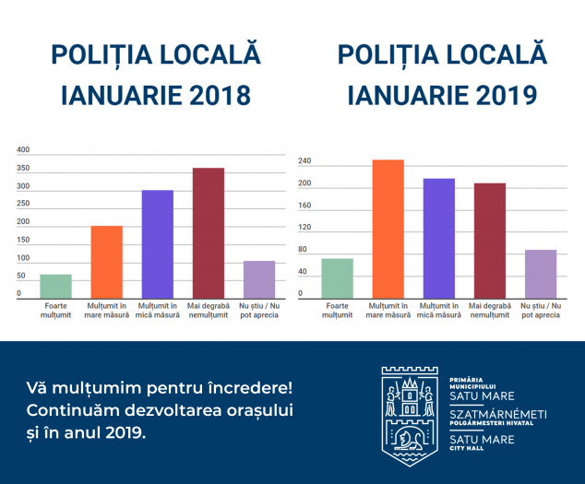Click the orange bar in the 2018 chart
tap(107, 262)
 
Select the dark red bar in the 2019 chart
tap(490, 241)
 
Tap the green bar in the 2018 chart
tap(56, 287)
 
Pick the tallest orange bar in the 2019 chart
tap(388, 230)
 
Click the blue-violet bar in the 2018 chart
tap(158, 244)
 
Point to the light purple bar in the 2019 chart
tap(541, 274)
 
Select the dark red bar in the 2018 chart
tap(209, 233)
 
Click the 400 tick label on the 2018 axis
tap(23, 150)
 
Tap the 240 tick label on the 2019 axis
tap(304, 161)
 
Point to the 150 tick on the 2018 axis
tap(23, 240)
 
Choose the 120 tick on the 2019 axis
tap(304, 227)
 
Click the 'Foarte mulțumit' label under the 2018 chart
tap(56, 311)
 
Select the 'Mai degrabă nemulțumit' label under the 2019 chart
tap(490, 311)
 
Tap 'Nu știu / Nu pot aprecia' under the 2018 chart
tap(259, 311)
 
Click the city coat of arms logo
tap(410, 416)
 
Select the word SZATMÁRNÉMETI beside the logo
tap(498, 414)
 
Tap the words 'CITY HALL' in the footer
tap(466, 448)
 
